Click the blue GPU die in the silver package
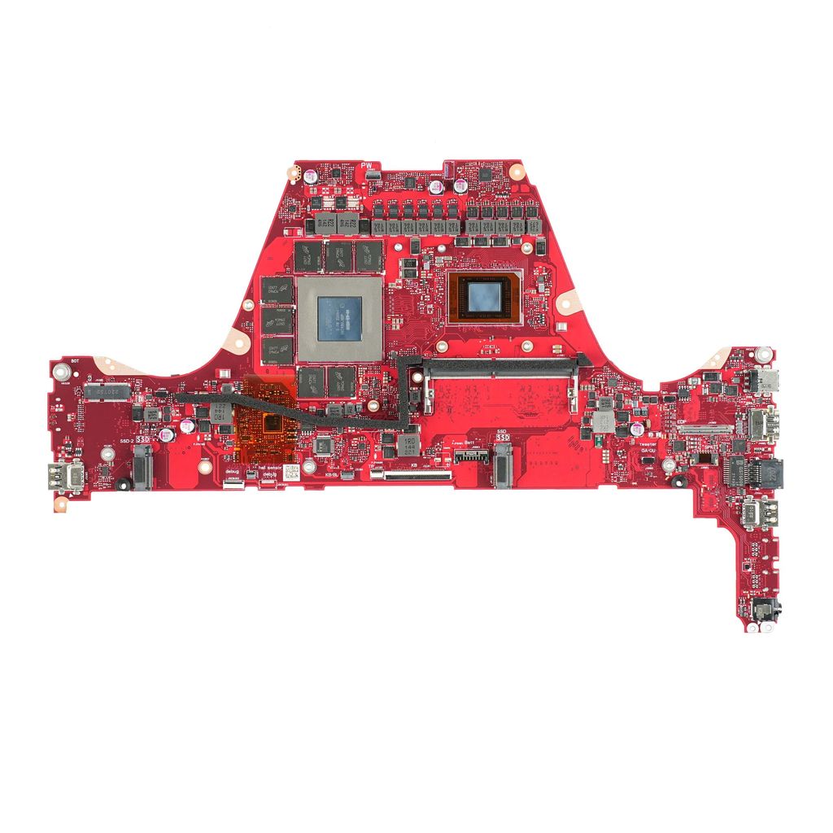339,318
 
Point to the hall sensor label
265,468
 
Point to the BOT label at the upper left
75,360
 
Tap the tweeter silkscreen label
648,444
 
